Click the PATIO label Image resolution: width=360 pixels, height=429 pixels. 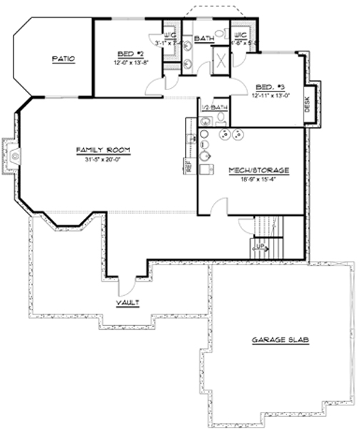(64, 59)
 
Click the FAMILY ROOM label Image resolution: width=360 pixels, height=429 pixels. (102, 150)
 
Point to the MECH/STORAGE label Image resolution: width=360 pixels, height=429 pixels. (259, 171)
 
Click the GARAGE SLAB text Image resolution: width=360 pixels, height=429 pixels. (280, 340)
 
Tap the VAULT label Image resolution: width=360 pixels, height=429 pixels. (129, 303)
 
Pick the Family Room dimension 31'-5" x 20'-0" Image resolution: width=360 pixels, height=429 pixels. (102, 159)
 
